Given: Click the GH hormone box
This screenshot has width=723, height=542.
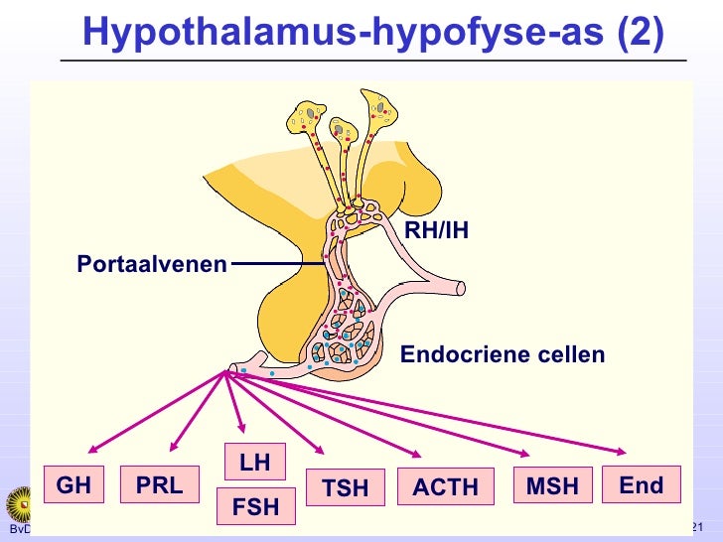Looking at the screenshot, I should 73,484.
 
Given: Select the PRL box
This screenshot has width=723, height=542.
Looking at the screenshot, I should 159,485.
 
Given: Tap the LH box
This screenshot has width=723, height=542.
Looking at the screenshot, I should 255,463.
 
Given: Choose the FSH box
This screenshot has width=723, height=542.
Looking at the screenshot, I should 255,507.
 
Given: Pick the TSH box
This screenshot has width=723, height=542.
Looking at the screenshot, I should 345,487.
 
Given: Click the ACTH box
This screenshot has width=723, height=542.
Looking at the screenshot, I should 445,487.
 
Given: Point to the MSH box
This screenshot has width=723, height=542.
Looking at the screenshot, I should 552,485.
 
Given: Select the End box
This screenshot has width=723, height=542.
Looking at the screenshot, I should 641,484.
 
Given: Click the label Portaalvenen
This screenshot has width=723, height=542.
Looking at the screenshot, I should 152,264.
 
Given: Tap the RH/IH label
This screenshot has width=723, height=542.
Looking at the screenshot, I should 436,231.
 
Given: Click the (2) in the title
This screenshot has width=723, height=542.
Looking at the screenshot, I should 640,32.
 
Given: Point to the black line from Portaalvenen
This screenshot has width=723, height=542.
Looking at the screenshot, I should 277,264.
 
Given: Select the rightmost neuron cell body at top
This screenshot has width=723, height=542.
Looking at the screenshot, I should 380,108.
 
